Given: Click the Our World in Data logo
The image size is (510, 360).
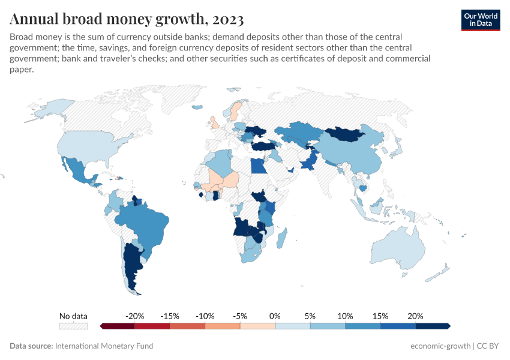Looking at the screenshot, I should coord(480,20).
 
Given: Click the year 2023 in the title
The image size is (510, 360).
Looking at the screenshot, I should coord(228,19).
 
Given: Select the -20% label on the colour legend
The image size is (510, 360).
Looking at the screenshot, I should coord(134,316).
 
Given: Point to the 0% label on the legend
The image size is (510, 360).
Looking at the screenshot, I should coord(275,316).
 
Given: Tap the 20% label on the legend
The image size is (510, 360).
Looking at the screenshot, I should coord(415,316).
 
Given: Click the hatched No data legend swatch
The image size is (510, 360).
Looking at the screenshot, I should coord(73,326).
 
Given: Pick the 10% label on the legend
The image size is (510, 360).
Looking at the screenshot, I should coord(345,316).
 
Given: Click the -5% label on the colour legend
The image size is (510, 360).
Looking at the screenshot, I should coord(240,316).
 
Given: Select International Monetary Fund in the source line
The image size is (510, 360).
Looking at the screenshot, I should coord(104,346).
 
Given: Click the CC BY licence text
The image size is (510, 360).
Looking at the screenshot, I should coord(489,346).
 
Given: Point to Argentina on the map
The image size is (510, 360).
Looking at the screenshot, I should coord(131,264).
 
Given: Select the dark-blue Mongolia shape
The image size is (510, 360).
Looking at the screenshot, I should coord(345,133).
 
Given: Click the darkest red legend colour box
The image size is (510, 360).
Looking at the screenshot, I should coord(118,326).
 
